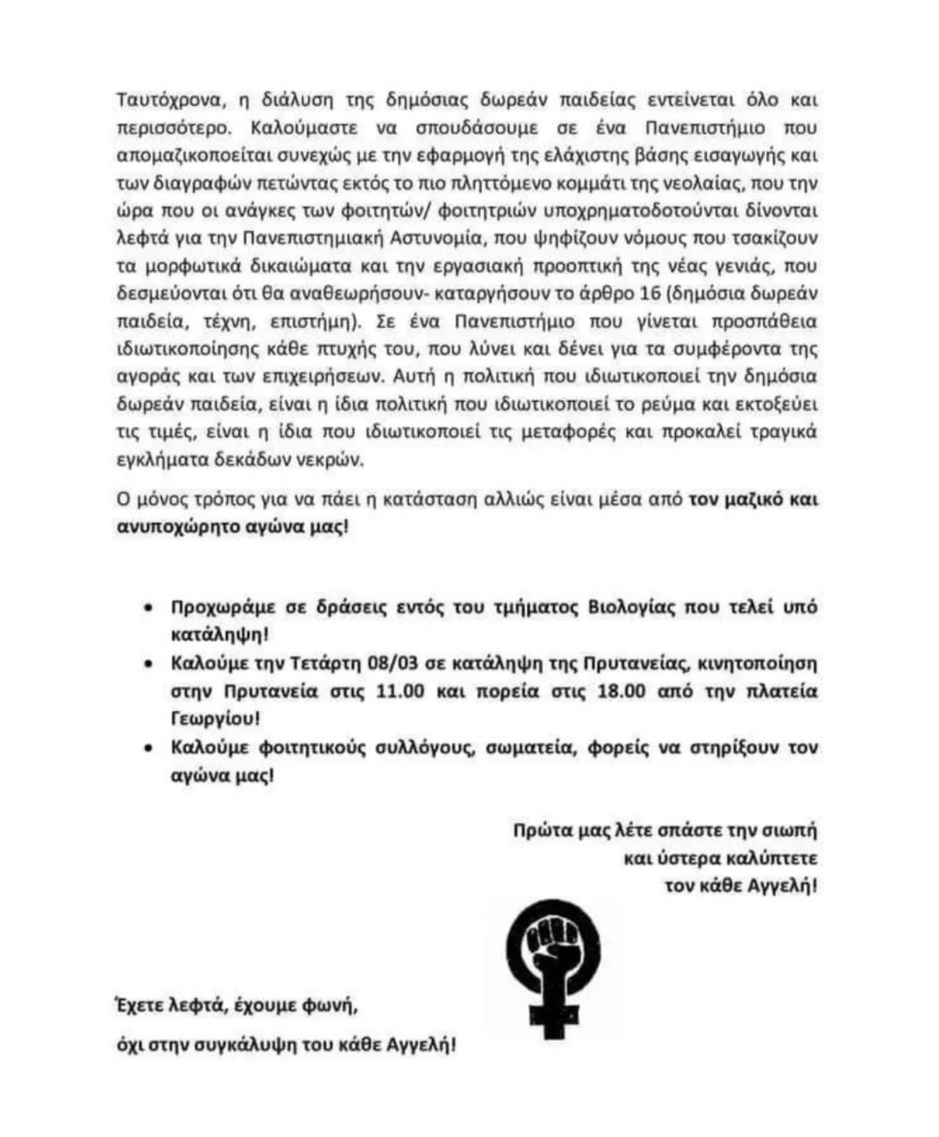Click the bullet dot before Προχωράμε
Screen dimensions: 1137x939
(149, 609)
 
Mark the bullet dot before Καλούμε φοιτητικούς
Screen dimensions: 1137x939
(149, 749)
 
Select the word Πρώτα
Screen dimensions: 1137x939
(537, 832)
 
